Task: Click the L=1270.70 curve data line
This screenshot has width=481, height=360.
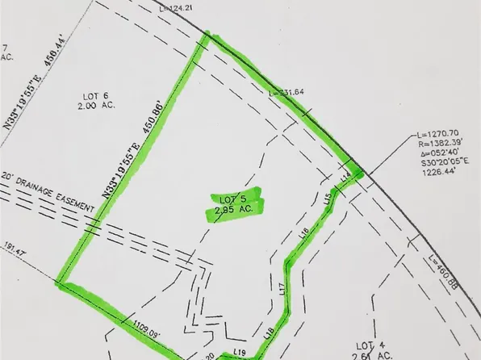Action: pyautogui.click(x=430, y=132)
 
